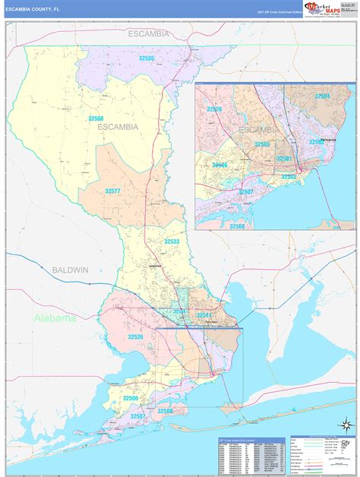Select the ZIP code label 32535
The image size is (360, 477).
147,58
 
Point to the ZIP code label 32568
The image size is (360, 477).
96,118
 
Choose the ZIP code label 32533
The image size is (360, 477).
172,242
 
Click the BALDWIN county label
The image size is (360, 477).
71,270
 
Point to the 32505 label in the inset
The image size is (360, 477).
262,144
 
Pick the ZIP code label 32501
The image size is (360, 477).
283,158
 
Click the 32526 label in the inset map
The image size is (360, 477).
214,109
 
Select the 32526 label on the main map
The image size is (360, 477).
135,336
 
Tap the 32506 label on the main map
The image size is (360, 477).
131,398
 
